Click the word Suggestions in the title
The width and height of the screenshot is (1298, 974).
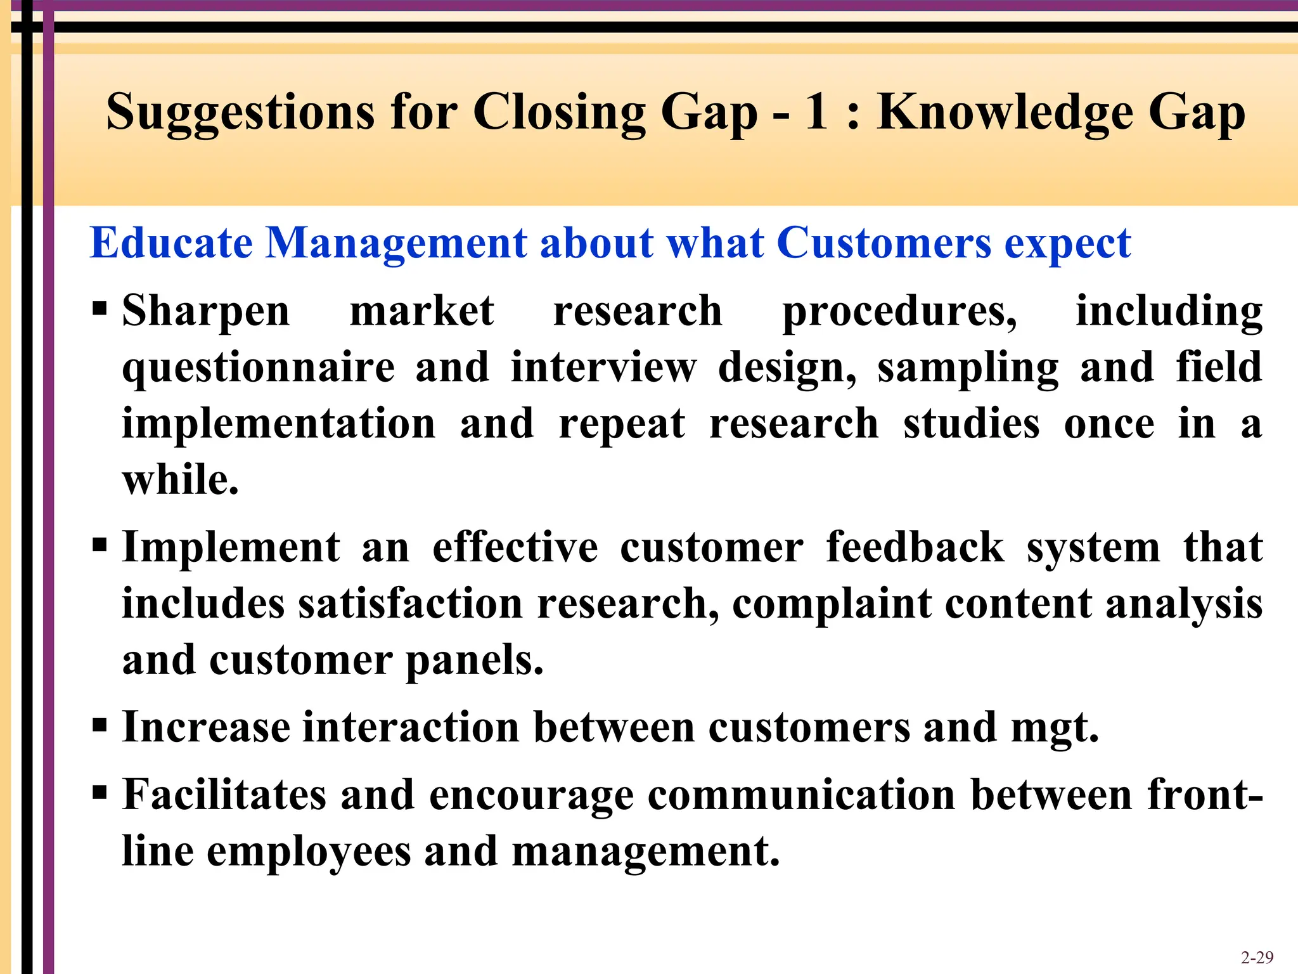click(x=241, y=113)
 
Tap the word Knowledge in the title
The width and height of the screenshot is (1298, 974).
click(x=1005, y=113)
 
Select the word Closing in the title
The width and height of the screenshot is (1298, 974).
click(x=560, y=113)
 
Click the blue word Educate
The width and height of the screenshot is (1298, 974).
click(x=171, y=243)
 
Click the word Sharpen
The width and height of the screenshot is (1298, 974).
click(x=206, y=312)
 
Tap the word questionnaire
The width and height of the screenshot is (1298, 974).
click(x=259, y=368)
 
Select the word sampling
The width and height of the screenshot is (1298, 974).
click(x=968, y=368)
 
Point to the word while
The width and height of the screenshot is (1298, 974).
click(x=181, y=480)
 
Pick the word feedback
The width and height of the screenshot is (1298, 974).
click(x=915, y=547)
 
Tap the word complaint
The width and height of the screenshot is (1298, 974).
click(x=832, y=604)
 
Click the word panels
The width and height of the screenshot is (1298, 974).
click(x=474, y=661)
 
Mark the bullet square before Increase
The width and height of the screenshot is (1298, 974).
click(x=100, y=725)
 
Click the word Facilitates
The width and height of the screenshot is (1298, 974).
click(x=224, y=795)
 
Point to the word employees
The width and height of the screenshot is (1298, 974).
click(x=309, y=852)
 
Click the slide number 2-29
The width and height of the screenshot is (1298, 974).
click(x=1257, y=957)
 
